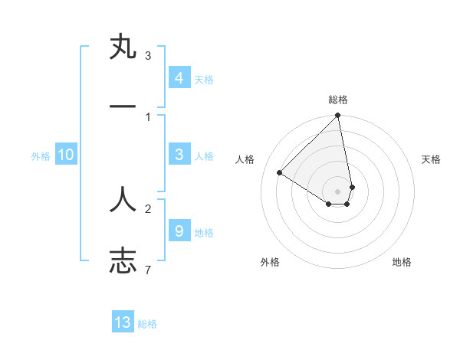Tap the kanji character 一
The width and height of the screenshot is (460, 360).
click(x=123, y=107)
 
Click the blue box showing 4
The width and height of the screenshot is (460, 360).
click(x=179, y=77)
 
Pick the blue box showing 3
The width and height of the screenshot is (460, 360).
click(x=179, y=155)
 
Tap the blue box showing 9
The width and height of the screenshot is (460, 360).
click(x=179, y=230)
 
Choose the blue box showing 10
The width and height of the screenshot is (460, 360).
click(x=66, y=155)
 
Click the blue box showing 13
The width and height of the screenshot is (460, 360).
click(x=123, y=322)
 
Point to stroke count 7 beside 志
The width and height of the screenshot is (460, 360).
click(x=148, y=270)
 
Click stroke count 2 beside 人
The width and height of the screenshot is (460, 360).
click(x=148, y=208)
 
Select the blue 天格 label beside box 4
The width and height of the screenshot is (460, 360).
click(x=204, y=79)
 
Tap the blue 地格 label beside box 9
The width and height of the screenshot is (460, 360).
click(x=204, y=232)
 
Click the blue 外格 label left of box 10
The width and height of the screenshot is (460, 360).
click(x=41, y=156)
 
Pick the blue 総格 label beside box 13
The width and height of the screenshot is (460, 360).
click(x=147, y=324)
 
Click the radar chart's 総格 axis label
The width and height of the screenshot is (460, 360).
click(x=338, y=100)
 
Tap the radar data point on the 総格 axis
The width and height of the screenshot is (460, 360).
click(x=338, y=116)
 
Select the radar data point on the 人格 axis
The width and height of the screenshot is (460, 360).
click(x=280, y=173)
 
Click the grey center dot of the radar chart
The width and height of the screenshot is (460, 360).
click(x=338, y=191)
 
